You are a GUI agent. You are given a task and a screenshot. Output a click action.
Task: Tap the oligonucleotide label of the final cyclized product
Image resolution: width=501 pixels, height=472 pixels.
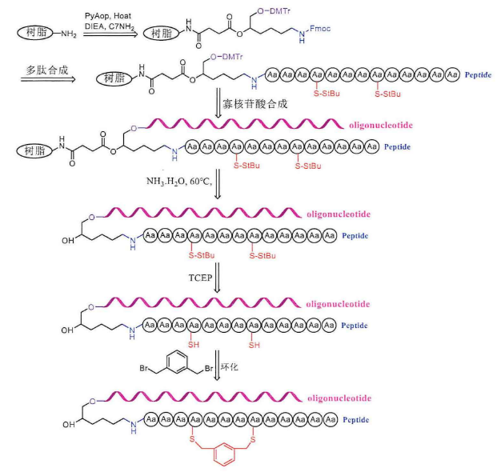336,397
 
